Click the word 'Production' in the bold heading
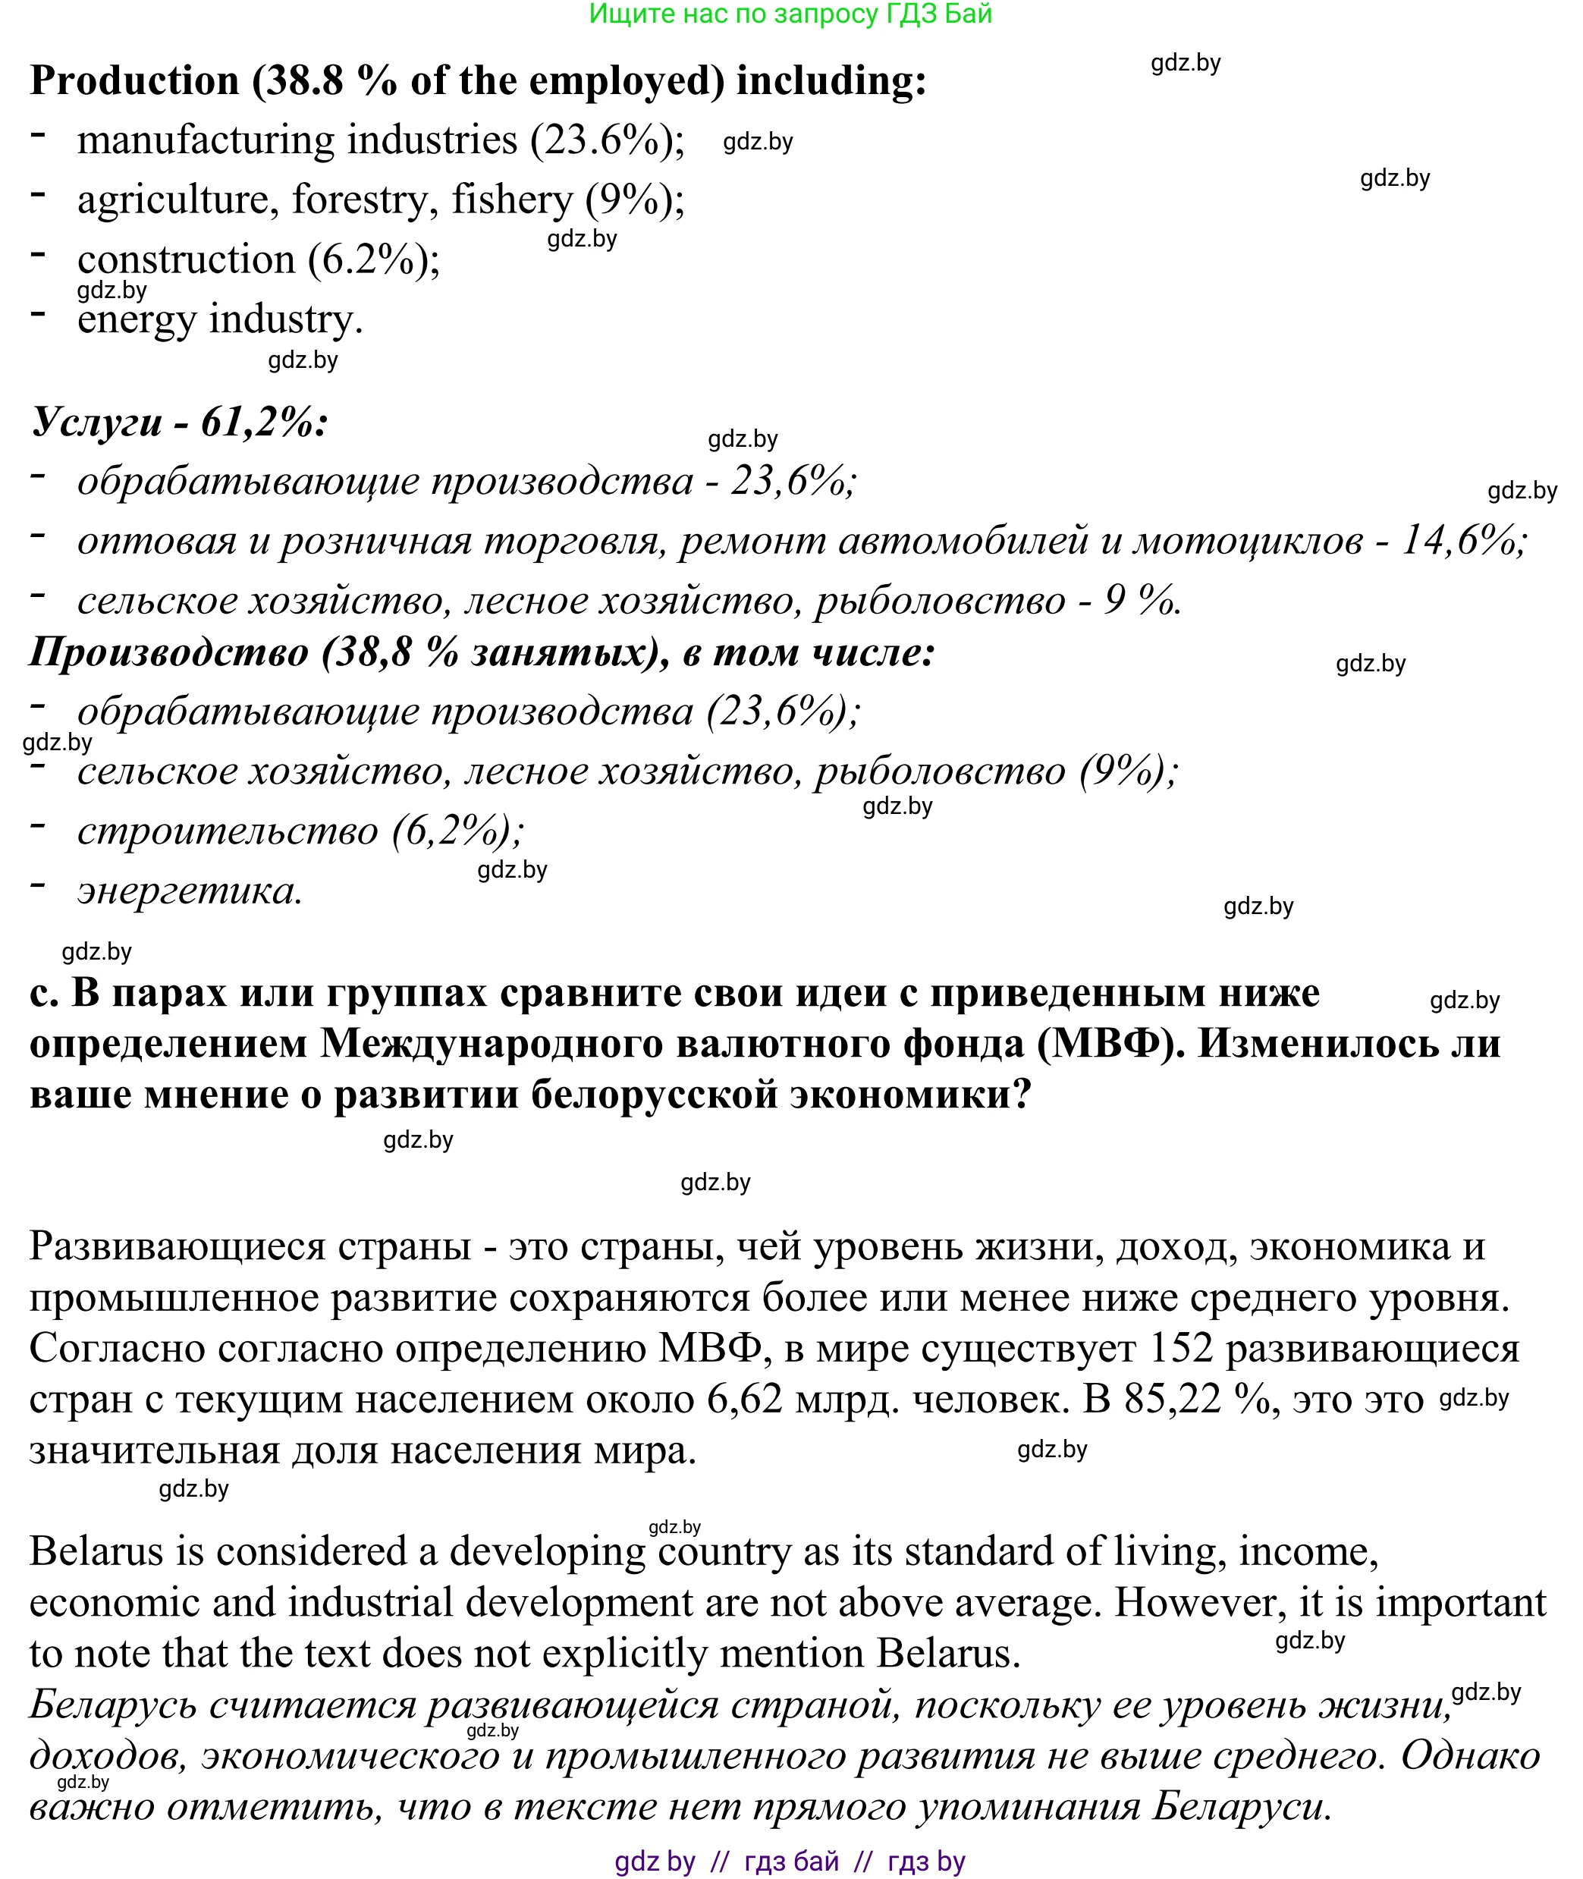click(x=134, y=80)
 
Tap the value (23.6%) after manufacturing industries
click(x=607, y=141)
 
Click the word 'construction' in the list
click(x=186, y=259)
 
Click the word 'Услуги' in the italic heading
click(x=97, y=422)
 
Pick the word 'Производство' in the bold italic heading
click(x=168, y=652)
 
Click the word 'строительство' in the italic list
click(x=227, y=831)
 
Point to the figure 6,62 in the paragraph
click(x=745, y=1399)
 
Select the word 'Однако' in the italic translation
click(x=1470, y=1756)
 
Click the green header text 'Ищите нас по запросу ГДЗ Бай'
click(x=790, y=14)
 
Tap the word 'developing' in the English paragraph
click(x=548, y=1551)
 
